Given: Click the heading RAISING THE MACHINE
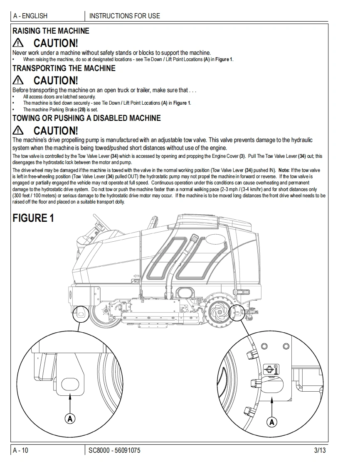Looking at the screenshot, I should coord(51,31).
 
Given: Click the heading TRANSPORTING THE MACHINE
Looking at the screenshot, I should coord(64,68).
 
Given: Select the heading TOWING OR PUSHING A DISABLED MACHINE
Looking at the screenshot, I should coord(86,118).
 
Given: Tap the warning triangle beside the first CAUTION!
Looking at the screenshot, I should coord(19,42).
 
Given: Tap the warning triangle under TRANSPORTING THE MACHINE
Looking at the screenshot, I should coord(19,80).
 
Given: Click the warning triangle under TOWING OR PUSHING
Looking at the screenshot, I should coord(19,130).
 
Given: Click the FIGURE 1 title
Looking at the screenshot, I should coord(33,218).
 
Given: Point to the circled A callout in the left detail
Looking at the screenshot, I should coord(70,418).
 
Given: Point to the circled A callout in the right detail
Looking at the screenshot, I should coord(272,422).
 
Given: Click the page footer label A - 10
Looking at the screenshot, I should coord(21,451).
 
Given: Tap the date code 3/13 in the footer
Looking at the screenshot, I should coord(320,451).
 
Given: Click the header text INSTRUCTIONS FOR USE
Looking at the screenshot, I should coord(125,16).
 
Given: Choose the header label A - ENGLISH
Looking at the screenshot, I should coord(30,16).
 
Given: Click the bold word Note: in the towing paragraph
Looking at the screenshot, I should coord(284,170).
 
